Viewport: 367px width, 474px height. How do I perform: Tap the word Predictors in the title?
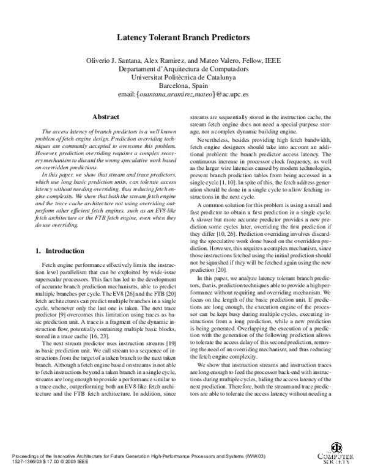228,37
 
